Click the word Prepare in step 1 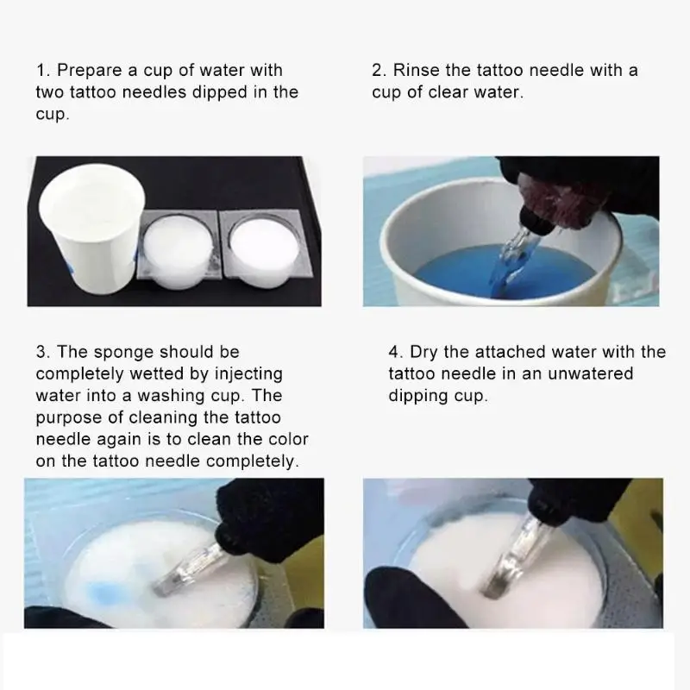tap(90, 71)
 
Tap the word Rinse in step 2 tap(416, 70)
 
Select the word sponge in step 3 tap(123, 353)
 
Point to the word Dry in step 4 tap(424, 353)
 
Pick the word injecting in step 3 tap(248, 374)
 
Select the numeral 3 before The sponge tap(42, 352)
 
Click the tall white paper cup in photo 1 tap(91, 229)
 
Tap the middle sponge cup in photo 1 tap(179, 251)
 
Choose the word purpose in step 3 tap(69, 418)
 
